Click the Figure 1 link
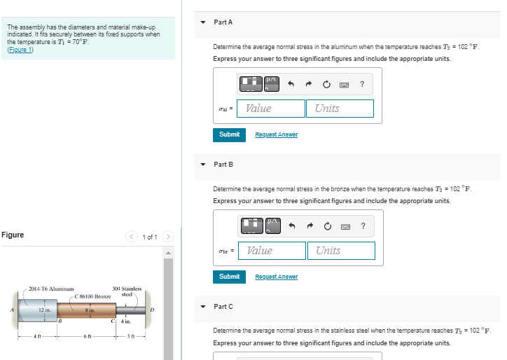[x=20, y=50]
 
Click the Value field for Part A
[x=271, y=109]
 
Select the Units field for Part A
[x=340, y=109]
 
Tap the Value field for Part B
[x=272, y=251]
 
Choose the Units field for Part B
[x=341, y=251]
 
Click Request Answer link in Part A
[x=277, y=134]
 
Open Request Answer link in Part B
[x=277, y=277]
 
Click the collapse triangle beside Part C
[x=203, y=307]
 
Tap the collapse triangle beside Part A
[x=203, y=22]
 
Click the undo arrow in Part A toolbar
[x=291, y=84]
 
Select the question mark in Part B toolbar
[x=363, y=226]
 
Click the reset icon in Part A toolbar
[x=326, y=85]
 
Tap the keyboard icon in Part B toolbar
[x=345, y=227]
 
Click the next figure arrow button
[x=168, y=237]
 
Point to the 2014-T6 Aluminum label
[x=51, y=289]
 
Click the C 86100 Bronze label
[x=93, y=296]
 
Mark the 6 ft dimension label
[x=88, y=336]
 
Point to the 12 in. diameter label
[x=45, y=310]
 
